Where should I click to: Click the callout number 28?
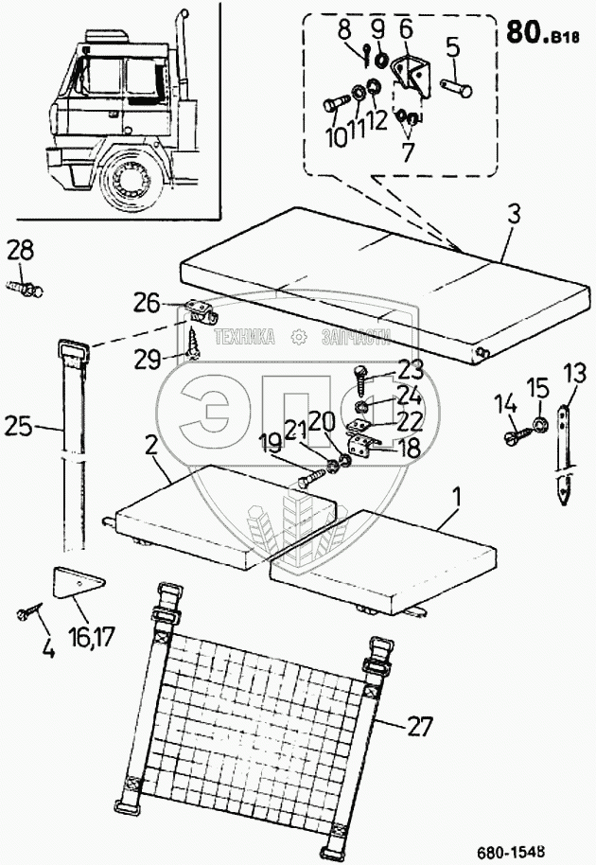20,251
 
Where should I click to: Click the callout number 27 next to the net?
419,727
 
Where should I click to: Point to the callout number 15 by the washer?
537,387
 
